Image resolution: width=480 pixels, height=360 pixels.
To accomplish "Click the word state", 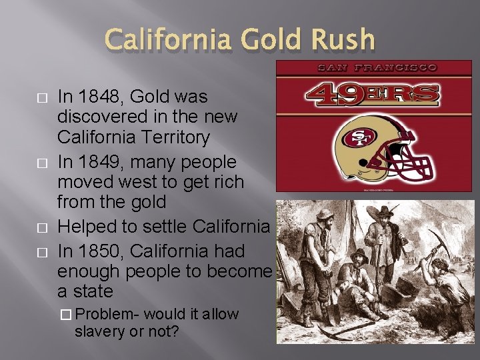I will pos(93,291).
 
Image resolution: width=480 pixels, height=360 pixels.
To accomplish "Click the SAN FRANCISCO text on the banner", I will pos(377,67).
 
